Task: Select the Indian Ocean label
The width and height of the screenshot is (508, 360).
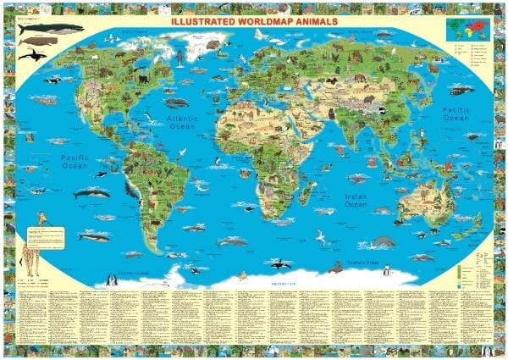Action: pos(356,200)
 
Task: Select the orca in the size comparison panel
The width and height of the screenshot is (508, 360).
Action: pos(32,55)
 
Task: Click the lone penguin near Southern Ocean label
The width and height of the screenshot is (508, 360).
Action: pos(386,271)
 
